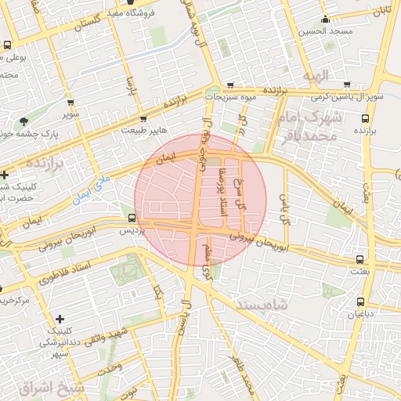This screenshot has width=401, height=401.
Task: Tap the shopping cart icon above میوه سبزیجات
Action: click(229, 85)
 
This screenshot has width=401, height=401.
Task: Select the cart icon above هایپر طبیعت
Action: click(145, 118)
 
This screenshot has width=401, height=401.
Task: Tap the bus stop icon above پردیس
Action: click(132, 219)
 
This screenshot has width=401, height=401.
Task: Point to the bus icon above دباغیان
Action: click(360, 302)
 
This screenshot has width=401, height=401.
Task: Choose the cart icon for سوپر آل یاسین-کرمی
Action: click(346, 85)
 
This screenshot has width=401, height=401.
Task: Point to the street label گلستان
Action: click(89, 24)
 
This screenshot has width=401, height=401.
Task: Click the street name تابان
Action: click(381, 11)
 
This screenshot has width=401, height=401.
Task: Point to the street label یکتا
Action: click(158, 295)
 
